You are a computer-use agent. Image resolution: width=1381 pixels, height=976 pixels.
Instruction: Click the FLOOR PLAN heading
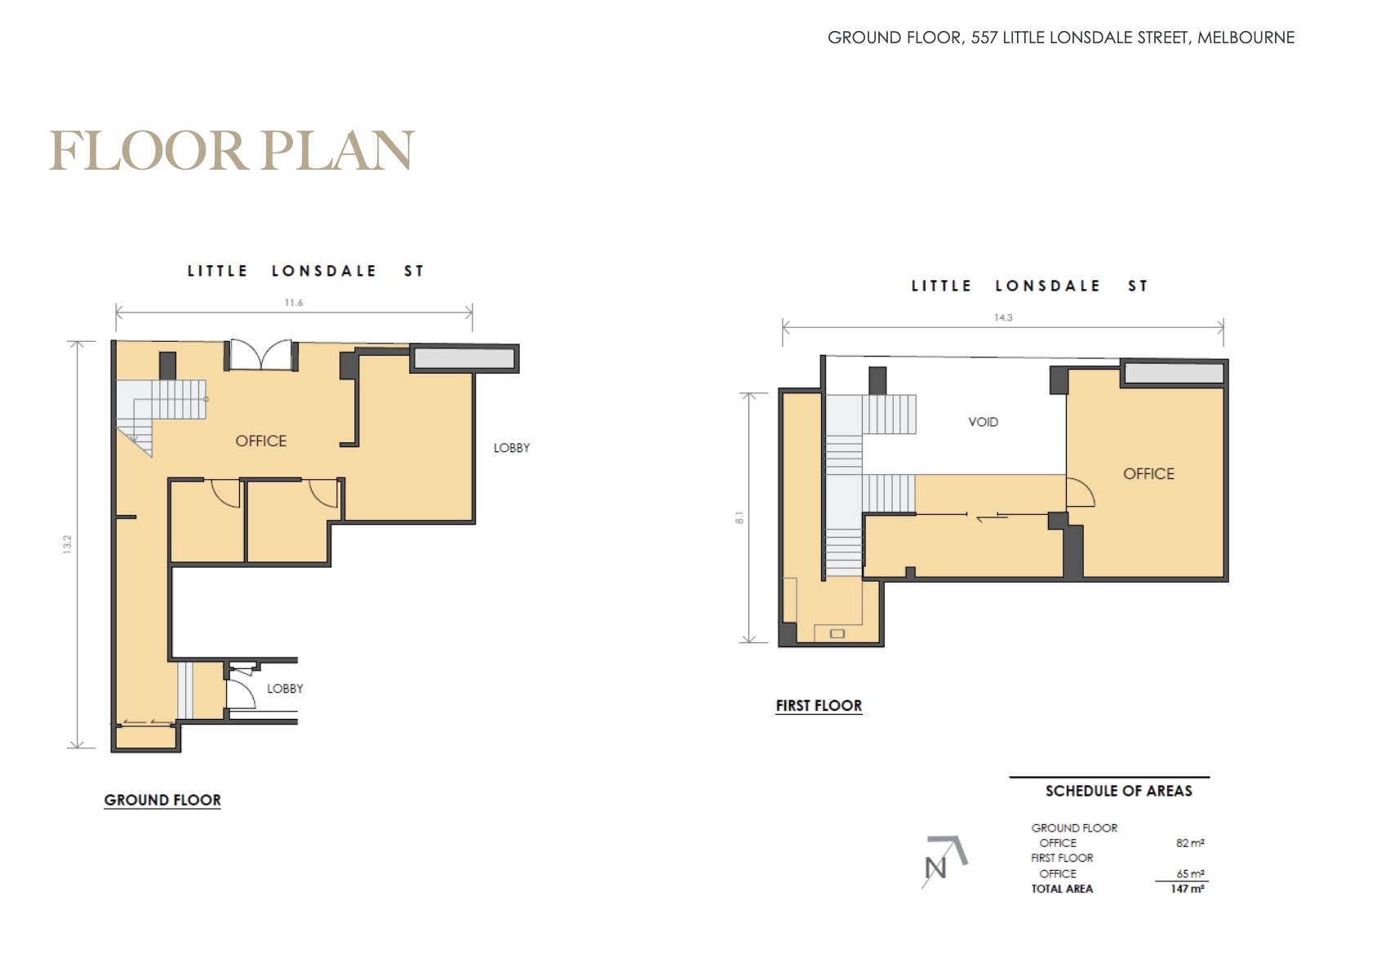pos(232,150)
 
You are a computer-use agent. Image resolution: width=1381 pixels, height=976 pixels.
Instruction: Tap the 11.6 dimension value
pos(294,303)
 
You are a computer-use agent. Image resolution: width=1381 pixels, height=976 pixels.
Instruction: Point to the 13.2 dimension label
pos(67,544)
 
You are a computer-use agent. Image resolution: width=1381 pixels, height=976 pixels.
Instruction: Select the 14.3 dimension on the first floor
pos(1003,317)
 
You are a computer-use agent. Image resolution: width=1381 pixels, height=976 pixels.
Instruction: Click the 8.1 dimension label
pos(739,518)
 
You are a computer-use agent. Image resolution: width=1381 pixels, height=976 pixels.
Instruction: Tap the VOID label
pos(984,423)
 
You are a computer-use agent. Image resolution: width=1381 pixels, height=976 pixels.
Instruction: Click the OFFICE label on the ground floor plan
pos(261,441)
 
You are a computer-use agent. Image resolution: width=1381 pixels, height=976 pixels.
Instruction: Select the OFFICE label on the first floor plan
pos(1148,473)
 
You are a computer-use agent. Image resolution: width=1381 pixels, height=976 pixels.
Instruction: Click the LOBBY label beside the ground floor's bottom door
pos(285,688)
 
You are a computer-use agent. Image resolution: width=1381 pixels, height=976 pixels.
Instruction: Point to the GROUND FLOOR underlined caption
pos(162,801)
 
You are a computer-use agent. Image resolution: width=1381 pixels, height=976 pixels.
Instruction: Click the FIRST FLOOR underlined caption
pos(819,706)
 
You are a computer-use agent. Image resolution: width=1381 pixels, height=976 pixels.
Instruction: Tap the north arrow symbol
pos(944,861)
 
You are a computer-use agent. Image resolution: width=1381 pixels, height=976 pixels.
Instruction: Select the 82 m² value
pos(1190,843)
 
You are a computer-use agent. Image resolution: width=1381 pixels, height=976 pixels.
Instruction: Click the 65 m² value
pos(1190,874)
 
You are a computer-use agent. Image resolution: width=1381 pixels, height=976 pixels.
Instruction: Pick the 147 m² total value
pos(1188,889)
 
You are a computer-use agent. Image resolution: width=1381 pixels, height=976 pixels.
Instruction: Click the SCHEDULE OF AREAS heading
pos(1118,791)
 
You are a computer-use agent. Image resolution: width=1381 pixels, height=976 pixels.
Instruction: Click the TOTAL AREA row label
pos(1062,889)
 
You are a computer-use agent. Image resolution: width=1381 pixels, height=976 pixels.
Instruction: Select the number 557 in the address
pos(984,38)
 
